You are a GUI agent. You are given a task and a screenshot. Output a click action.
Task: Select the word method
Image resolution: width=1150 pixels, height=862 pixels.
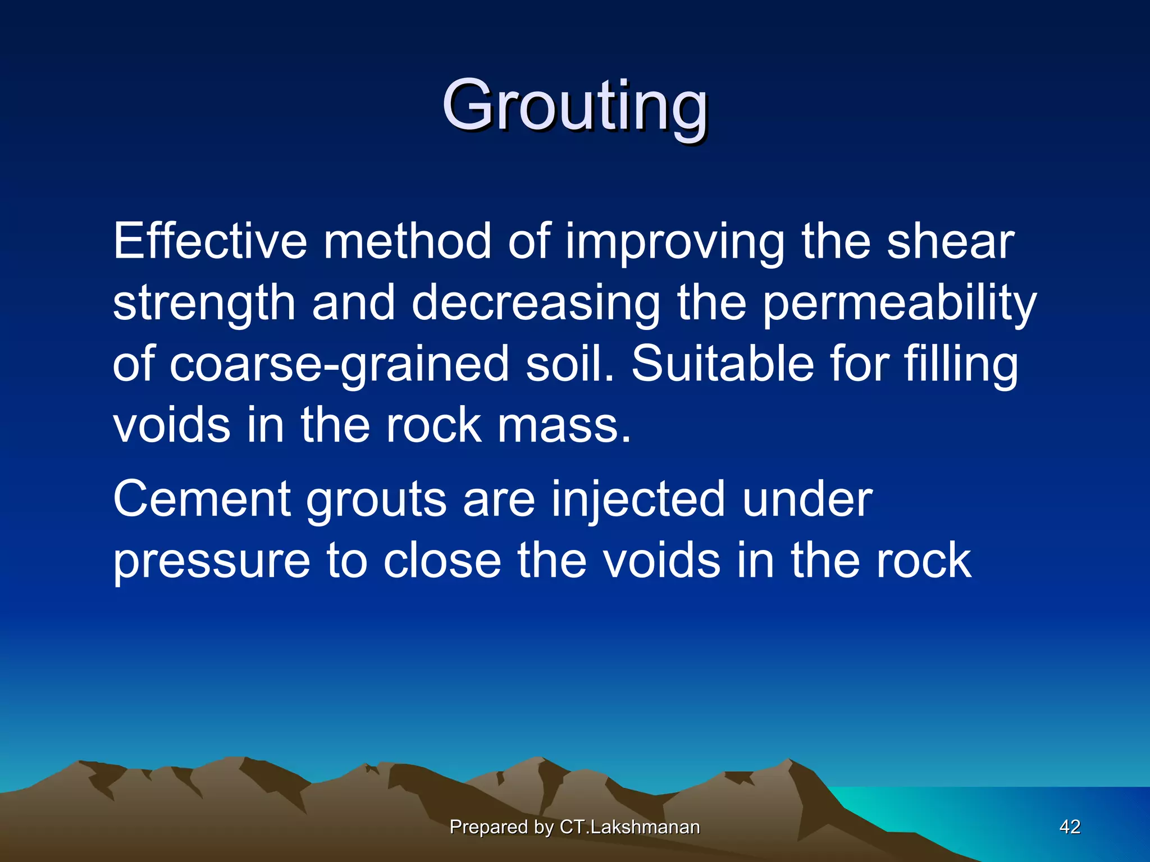pos(408,241)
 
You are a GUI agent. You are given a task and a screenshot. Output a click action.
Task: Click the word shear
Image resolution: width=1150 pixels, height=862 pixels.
pos(950,241)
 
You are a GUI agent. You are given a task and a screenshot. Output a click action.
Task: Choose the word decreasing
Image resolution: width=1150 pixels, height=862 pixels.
pos(536,304)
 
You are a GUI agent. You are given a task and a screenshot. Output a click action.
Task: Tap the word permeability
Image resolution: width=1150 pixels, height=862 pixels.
pos(899,304)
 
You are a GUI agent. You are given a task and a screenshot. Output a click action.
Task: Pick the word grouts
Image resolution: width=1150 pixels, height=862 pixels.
pos(376,499)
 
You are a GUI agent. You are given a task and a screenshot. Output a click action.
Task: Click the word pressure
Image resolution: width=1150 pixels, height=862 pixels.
pos(211,561)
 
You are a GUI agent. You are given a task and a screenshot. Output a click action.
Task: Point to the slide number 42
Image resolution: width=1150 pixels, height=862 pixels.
pos(1070,827)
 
